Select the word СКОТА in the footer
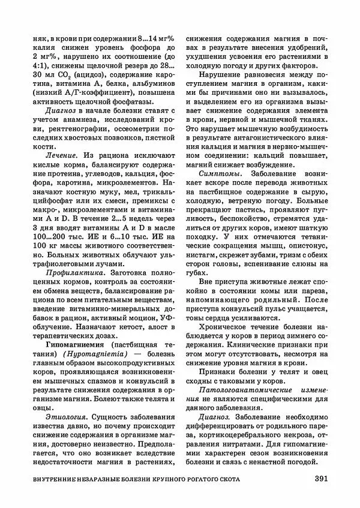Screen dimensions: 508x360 [226, 480]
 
